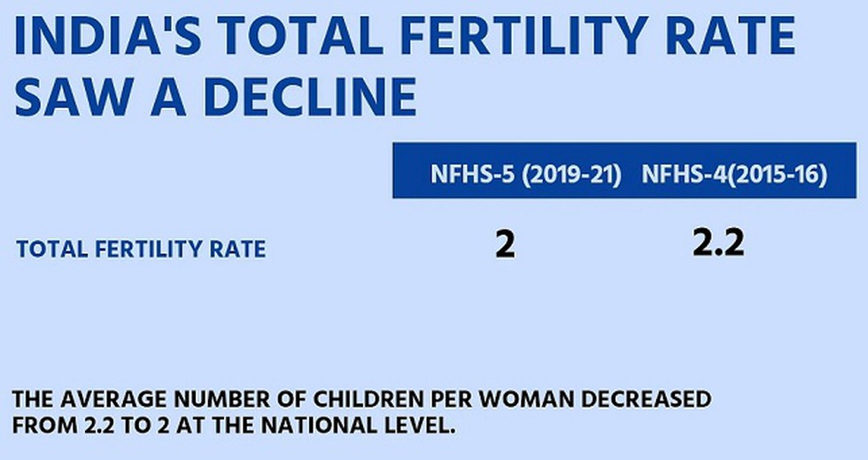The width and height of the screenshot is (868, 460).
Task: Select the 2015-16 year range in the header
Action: pos(778,175)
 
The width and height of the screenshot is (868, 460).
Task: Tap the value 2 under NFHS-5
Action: pos(505,246)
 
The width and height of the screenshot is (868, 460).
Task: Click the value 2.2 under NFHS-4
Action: pos(718,242)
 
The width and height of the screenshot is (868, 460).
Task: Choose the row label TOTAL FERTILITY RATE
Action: pos(141,249)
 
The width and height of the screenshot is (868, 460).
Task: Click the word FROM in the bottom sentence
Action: pos(42,425)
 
